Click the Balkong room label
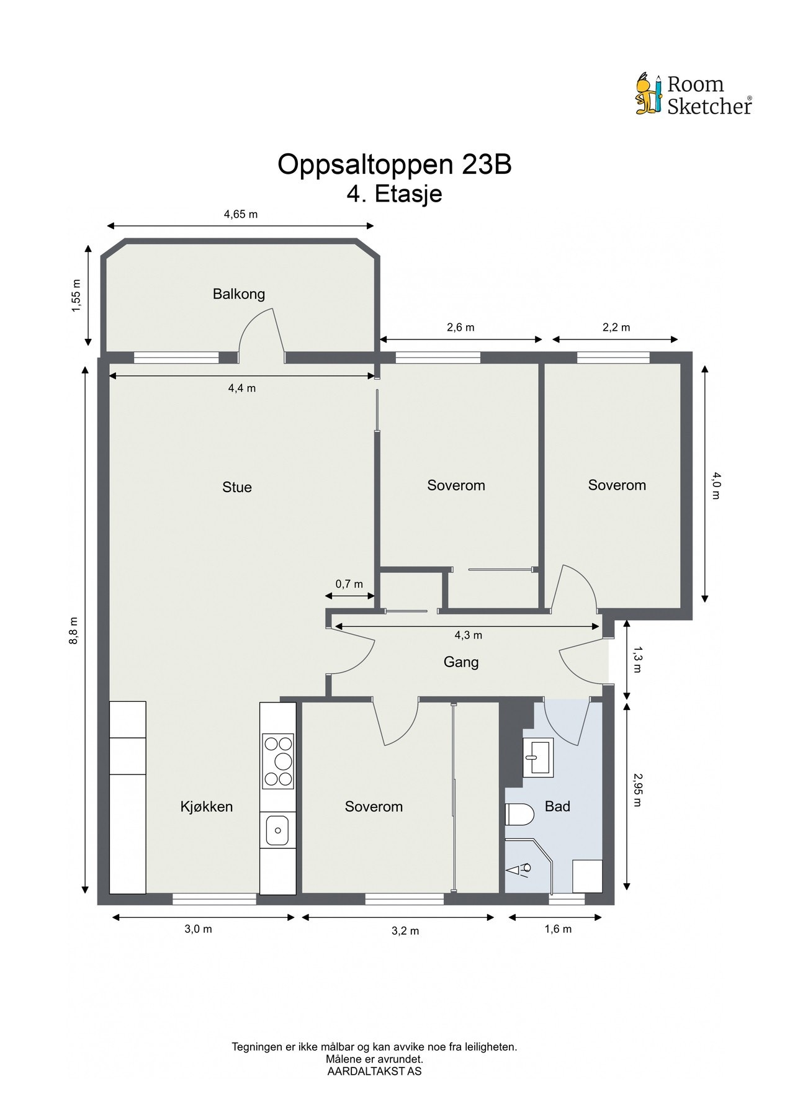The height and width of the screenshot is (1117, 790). tap(239, 294)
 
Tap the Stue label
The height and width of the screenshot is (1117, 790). tap(237, 487)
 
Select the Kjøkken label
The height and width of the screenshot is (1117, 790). tap(207, 807)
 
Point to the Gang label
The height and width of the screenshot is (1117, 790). tap(461, 663)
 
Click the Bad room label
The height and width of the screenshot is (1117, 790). tap(557, 807)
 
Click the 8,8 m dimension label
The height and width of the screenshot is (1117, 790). tap(73, 630)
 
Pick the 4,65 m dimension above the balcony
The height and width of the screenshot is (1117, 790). tap(241, 215)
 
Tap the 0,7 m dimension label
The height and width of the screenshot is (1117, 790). tap(349, 584)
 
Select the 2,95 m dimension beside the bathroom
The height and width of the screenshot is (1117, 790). tap(637, 789)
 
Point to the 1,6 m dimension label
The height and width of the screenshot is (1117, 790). tap(558, 929)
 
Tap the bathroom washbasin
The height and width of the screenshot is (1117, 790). tap(537, 758)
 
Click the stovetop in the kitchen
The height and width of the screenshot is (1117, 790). tap(277, 761)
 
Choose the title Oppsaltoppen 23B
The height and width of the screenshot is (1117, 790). tap(395, 164)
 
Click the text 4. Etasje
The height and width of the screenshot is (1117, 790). tap(395, 194)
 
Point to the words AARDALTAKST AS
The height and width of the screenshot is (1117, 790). tap(374, 1071)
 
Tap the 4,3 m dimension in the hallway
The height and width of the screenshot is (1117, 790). tap(469, 635)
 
